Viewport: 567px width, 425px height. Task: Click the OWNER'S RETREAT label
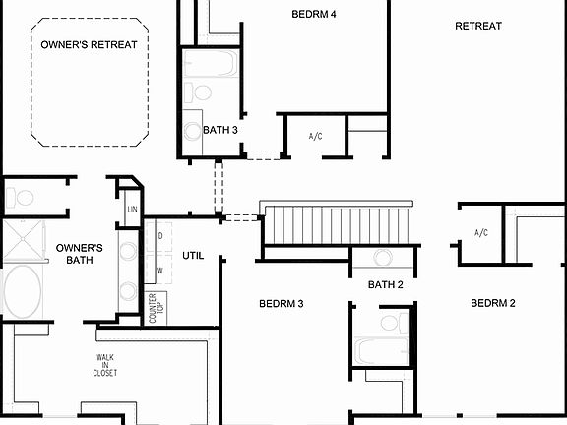pos(89,44)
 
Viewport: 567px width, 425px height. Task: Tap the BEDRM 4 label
pos(314,14)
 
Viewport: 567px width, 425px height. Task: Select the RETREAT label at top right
pos(478,26)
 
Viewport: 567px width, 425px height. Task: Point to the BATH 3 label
pos(220,129)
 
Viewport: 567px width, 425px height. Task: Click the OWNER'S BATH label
pos(80,254)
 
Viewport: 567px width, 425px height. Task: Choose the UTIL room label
pos(193,255)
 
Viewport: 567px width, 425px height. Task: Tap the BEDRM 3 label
pos(281,303)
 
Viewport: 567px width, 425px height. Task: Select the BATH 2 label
pos(386,285)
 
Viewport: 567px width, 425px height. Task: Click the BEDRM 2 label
pos(493,303)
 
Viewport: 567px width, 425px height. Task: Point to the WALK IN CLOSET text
pos(106,365)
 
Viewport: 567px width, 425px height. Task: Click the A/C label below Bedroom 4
pos(316,136)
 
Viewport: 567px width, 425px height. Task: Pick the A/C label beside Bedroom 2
pos(481,233)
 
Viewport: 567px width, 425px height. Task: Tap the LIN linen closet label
pos(131,210)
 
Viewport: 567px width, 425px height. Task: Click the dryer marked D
pos(159,237)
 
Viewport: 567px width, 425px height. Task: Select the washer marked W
pos(159,269)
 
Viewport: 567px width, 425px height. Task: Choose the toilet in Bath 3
pos(203,93)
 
